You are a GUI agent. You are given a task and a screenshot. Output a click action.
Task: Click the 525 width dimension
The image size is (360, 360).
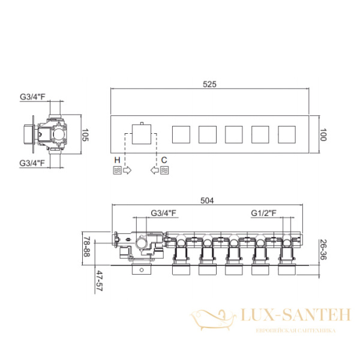[x=209, y=84]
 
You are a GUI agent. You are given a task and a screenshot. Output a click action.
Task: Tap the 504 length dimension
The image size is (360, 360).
[x=207, y=200]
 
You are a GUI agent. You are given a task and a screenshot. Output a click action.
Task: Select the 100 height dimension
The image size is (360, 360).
[x=323, y=135]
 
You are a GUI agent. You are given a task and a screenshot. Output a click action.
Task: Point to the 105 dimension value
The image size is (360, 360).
[x=85, y=135]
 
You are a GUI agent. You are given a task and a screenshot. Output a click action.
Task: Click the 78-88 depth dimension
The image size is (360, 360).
[x=86, y=247]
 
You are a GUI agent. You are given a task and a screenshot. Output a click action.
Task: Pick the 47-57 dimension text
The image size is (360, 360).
[x=100, y=281]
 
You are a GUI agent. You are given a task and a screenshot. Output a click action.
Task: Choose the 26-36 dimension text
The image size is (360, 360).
[x=323, y=250]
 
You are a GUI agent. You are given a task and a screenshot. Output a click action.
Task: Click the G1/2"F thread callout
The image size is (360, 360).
[x=263, y=213]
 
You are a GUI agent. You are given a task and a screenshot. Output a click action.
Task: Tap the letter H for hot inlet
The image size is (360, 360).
[x=117, y=160]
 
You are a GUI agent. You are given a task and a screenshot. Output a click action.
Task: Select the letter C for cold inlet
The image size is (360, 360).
[x=164, y=160]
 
